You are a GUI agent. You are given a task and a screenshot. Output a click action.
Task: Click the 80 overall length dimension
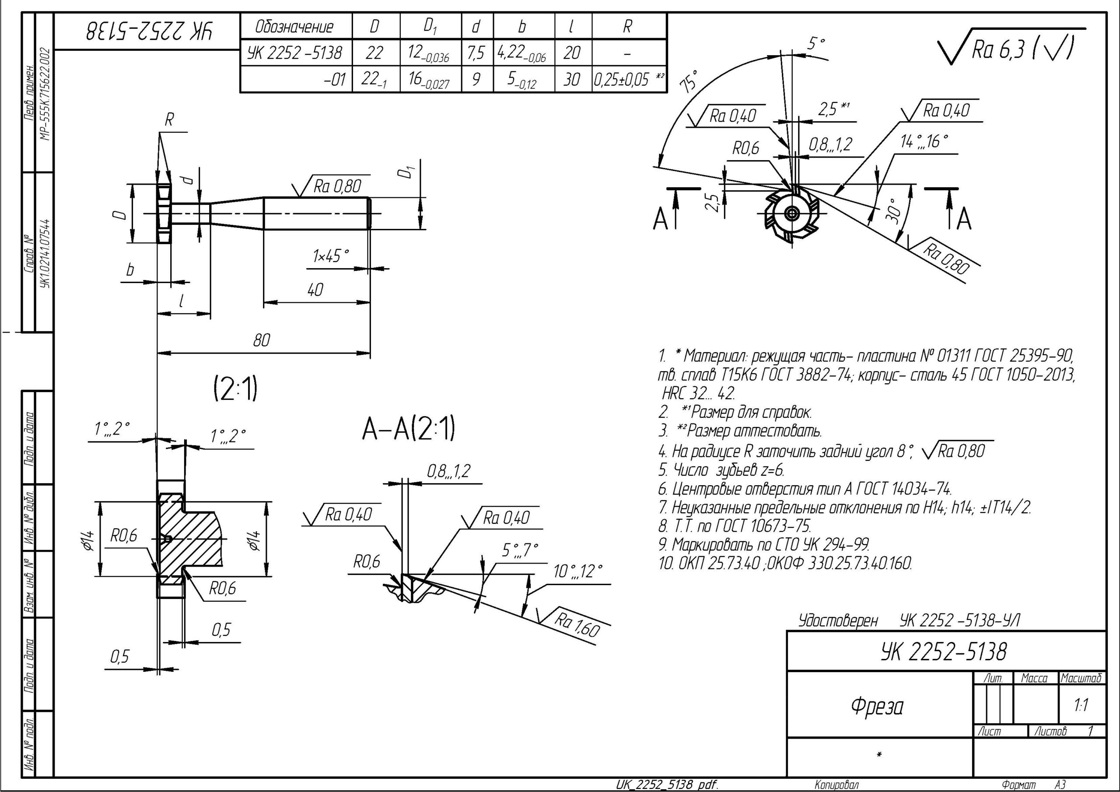click(x=262, y=340)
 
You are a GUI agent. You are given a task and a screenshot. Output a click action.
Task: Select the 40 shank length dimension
click(x=315, y=290)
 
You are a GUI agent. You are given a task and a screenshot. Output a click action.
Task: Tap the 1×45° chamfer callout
click(x=331, y=255)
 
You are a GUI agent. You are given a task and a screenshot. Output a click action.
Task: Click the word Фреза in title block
click(x=877, y=706)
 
